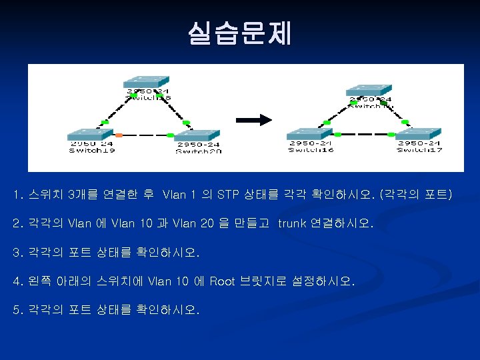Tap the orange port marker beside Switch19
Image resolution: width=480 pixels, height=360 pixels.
(x=119, y=135)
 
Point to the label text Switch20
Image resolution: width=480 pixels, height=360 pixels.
(x=198, y=151)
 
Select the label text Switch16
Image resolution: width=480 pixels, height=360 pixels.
(x=311, y=150)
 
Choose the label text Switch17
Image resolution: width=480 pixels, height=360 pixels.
(x=419, y=150)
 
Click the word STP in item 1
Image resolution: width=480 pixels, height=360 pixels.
(x=228, y=195)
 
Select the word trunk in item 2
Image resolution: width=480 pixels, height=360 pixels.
(x=292, y=224)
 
